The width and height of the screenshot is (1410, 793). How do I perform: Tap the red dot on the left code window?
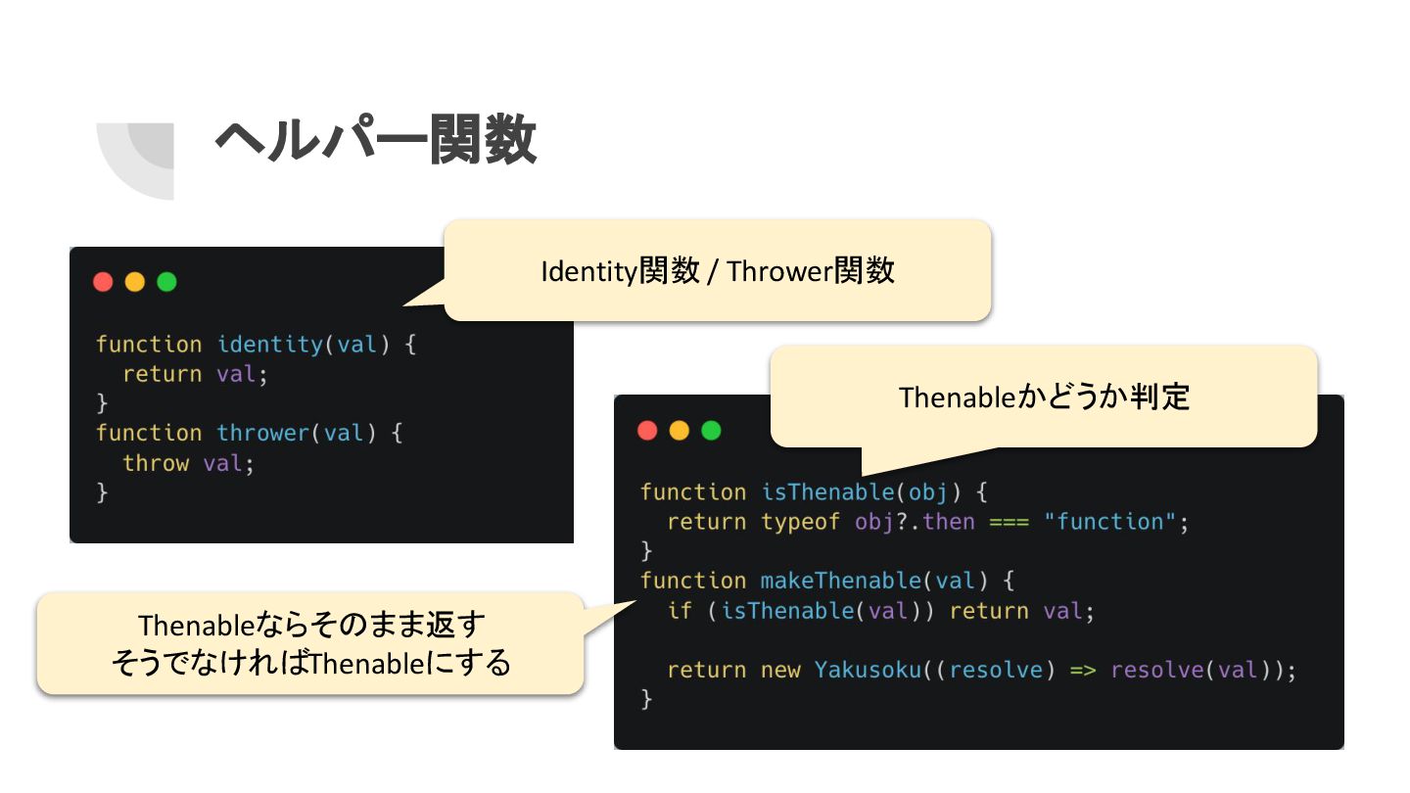tap(103, 282)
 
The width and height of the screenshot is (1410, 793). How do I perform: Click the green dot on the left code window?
tap(166, 282)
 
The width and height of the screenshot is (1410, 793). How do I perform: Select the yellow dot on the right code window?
tap(679, 431)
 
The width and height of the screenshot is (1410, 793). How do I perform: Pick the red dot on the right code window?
tap(647, 431)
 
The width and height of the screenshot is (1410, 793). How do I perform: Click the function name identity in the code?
tap(269, 345)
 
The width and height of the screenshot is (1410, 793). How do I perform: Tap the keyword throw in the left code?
tap(156, 462)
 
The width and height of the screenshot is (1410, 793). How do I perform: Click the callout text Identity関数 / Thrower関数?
tap(718, 271)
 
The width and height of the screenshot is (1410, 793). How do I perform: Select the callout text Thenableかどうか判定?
tap(1044, 397)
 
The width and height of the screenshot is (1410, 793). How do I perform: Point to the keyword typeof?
tap(800, 522)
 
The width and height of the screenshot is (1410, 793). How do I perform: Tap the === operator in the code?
tap(1009, 522)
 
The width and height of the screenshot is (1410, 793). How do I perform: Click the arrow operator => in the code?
tap(1083, 671)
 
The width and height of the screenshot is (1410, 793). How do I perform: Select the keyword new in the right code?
tap(780, 671)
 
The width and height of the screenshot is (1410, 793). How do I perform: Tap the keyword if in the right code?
tap(680, 611)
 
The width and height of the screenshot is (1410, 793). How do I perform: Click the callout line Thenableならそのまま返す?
tap(311, 625)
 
